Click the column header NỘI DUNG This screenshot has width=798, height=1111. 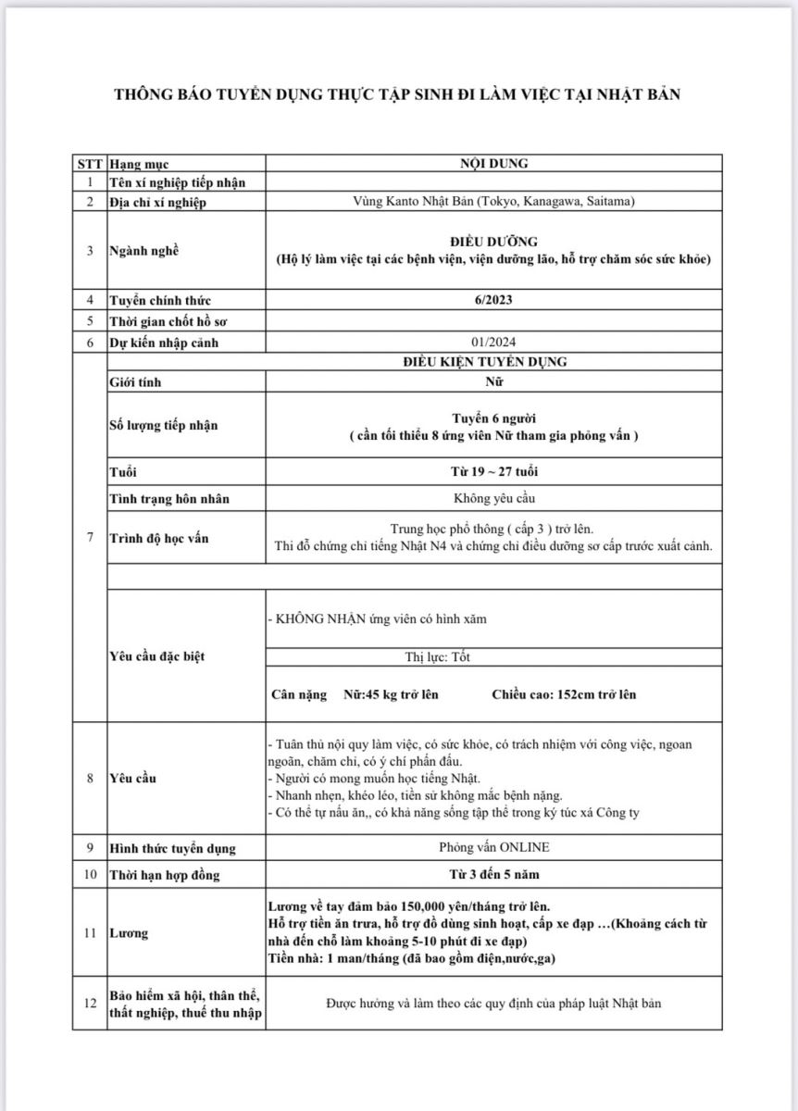(x=493, y=164)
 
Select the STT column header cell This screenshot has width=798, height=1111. (x=90, y=164)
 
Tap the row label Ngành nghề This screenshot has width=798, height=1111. (x=143, y=250)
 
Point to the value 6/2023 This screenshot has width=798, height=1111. (x=493, y=300)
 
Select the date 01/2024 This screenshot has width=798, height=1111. (x=493, y=343)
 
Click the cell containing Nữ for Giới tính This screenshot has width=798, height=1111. (x=493, y=381)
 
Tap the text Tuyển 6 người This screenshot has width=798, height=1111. (x=493, y=418)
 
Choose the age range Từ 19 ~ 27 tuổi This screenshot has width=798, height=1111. (x=493, y=471)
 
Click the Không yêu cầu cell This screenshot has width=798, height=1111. (x=493, y=498)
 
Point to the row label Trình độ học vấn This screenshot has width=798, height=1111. (x=157, y=538)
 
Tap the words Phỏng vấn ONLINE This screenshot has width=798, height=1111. (x=493, y=847)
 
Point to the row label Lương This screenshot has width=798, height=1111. (x=130, y=933)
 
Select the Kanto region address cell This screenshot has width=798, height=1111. (x=493, y=202)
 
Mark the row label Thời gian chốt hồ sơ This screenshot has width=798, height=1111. (x=169, y=321)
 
